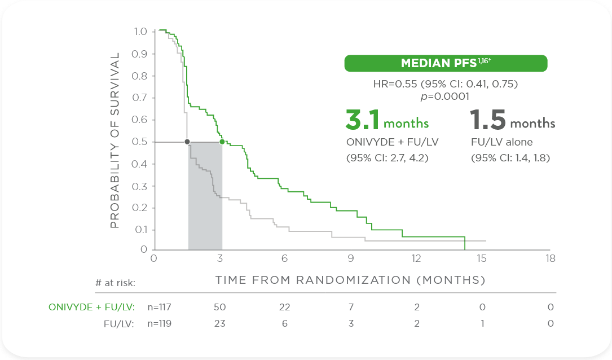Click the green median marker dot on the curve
click(x=222, y=142)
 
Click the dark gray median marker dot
click(x=187, y=142)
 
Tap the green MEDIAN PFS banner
click(x=446, y=63)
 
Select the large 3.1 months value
click(x=387, y=120)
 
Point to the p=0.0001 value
click(x=446, y=96)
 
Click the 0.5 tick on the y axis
click(x=139, y=142)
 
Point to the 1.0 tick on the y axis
click(x=139, y=32)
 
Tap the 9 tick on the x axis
click(x=351, y=258)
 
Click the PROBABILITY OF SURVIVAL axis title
click(x=115, y=141)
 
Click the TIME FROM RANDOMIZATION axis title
click(x=350, y=280)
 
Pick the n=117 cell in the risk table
click(x=159, y=307)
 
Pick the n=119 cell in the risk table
click(x=159, y=324)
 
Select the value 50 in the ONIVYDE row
click(x=219, y=307)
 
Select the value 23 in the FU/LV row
click(x=219, y=324)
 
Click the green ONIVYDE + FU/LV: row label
click(x=91, y=307)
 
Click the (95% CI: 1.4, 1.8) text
click(x=510, y=158)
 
